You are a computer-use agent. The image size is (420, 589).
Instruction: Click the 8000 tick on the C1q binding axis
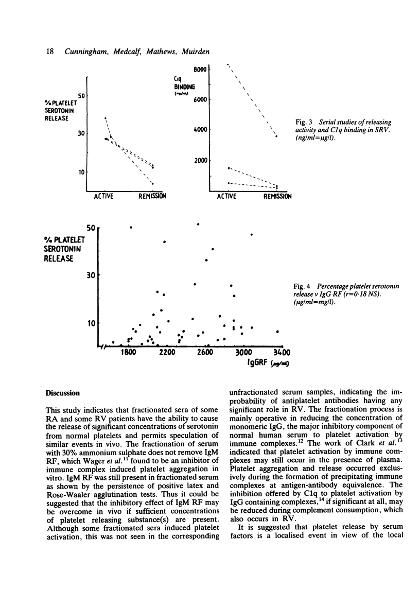(200, 68)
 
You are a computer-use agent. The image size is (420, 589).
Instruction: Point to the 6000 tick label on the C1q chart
(200, 99)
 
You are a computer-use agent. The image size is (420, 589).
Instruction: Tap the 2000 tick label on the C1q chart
(200, 160)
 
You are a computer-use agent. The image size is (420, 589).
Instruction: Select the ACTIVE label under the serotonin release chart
(106, 196)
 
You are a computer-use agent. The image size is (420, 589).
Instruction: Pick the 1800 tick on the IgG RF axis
(129, 352)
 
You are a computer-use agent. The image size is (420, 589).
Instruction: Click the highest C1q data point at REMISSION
(276, 136)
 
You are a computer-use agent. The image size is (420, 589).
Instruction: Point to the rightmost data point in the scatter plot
(278, 332)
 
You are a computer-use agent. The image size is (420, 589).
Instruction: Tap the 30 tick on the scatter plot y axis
(91, 275)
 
